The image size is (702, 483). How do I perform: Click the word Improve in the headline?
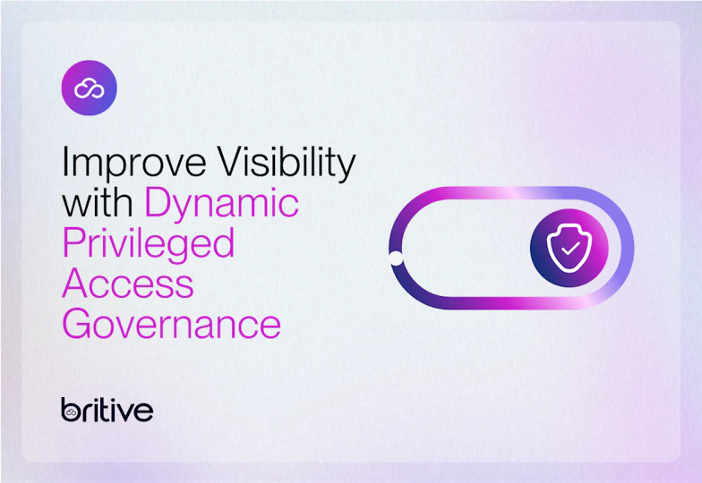coord(130,164)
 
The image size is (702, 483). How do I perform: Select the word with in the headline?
coord(98,203)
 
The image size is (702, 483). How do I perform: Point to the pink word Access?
coord(127,284)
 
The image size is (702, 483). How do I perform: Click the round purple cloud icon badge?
coord(89,88)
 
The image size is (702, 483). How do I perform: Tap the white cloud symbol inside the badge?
coord(89,88)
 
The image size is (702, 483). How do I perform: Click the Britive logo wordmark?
coord(107,410)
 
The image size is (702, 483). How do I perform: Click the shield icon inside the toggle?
coord(569,246)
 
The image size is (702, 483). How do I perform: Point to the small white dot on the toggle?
coord(395,259)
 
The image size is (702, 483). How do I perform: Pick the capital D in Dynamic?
coord(158,203)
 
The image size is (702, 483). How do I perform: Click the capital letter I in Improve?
coord(65,164)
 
